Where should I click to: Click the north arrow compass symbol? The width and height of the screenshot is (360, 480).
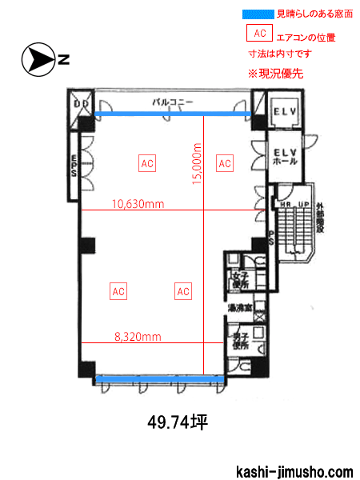tap(37, 58)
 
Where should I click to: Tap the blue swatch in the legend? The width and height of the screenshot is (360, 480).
tap(258, 14)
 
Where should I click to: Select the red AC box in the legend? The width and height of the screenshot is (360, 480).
tap(258, 34)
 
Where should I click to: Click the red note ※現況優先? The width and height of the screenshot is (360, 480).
tap(275, 73)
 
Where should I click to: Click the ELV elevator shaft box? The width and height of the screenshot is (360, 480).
tap(284, 110)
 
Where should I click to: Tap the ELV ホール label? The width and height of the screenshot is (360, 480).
tap(284, 156)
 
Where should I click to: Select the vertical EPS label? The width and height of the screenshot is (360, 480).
tap(73, 166)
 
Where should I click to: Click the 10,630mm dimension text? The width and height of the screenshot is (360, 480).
tap(138, 203)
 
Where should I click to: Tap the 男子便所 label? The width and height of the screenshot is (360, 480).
tap(238, 342)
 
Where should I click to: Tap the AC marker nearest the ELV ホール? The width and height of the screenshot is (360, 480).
tap(225, 163)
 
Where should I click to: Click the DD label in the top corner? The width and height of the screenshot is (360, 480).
tap(81, 104)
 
